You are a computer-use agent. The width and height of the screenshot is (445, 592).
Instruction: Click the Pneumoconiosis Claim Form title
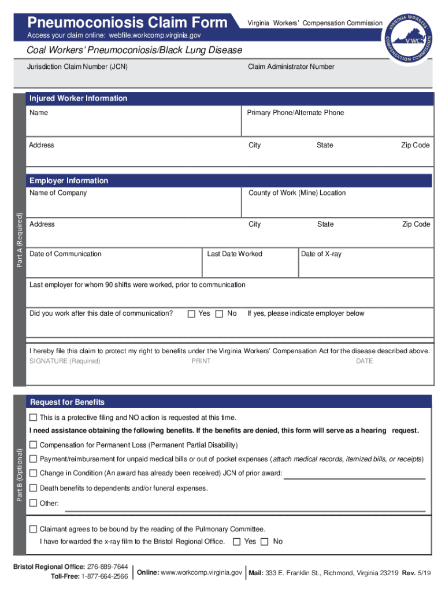click(128, 23)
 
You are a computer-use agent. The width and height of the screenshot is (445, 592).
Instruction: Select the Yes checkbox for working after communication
click(191, 314)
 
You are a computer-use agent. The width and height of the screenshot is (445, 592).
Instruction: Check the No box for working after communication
click(219, 314)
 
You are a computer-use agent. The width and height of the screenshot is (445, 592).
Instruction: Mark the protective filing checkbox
click(34, 417)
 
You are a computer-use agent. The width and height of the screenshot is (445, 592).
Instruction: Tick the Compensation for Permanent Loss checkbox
click(34, 445)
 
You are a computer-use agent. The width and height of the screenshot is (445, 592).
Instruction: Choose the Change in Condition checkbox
click(34, 473)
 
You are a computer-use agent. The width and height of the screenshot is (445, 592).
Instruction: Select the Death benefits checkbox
click(34, 488)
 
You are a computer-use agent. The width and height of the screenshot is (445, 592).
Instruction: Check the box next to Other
click(34, 502)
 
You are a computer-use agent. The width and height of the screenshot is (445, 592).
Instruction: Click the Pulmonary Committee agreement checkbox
click(34, 529)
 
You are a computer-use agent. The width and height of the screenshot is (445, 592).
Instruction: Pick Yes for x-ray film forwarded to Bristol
click(237, 542)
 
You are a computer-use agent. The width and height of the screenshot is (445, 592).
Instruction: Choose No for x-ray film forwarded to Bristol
click(265, 542)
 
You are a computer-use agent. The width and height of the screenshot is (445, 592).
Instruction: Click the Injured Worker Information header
click(79, 98)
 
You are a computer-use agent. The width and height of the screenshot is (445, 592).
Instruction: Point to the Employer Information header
click(69, 180)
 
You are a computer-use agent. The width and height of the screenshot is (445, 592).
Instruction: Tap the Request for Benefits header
click(67, 402)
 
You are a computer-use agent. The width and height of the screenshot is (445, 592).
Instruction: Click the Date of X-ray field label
click(321, 254)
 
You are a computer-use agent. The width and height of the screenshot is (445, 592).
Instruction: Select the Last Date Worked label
click(235, 254)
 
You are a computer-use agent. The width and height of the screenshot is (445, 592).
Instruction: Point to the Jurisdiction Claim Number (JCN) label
click(77, 66)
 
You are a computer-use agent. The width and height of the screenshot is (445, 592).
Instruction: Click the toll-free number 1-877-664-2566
click(105, 576)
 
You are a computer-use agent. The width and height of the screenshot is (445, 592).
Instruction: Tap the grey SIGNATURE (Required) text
click(65, 361)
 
